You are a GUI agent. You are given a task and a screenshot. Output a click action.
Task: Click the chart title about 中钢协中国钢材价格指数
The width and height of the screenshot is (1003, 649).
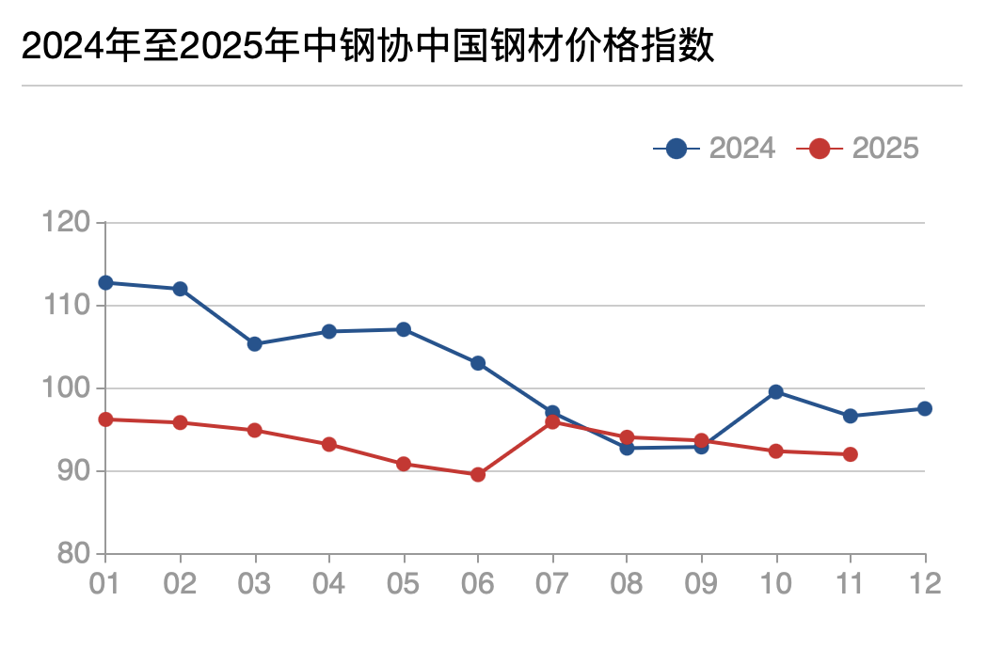click(x=368, y=46)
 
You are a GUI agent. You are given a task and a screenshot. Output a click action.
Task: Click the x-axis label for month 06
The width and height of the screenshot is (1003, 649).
click(x=478, y=583)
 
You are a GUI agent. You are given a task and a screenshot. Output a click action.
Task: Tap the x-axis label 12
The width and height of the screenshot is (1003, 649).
click(x=925, y=583)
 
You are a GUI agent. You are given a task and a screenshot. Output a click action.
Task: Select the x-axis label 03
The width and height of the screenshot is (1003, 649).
click(x=254, y=583)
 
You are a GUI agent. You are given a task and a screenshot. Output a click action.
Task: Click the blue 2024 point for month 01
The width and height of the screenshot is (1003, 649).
click(x=105, y=283)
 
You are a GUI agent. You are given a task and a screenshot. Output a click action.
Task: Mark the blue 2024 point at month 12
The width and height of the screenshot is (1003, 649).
click(x=925, y=408)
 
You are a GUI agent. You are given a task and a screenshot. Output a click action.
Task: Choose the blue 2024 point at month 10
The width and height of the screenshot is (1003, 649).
click(x=776, y=392)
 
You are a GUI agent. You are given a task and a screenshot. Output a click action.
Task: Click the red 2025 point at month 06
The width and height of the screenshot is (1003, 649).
click(x=478, y=475)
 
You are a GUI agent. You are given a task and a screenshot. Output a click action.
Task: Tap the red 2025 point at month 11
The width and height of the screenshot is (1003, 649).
click(x=851, y=454)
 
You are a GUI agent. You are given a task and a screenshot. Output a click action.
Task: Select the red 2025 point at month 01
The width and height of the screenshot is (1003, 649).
click(x=105, y=419)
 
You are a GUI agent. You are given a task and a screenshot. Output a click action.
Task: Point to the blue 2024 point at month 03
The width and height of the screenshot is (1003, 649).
click(x=254, y=344)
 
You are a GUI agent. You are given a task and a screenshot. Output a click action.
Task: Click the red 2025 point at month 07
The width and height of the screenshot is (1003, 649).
click(x=552, y=422)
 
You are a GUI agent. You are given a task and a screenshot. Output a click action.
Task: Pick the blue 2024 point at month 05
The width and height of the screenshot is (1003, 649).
click(x=404, y=329)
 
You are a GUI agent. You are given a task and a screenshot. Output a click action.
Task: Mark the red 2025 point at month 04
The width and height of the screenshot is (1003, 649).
click(x=329, y=444)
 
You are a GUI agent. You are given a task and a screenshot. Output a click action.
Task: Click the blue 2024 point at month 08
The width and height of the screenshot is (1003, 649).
click(x=627, y=448)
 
